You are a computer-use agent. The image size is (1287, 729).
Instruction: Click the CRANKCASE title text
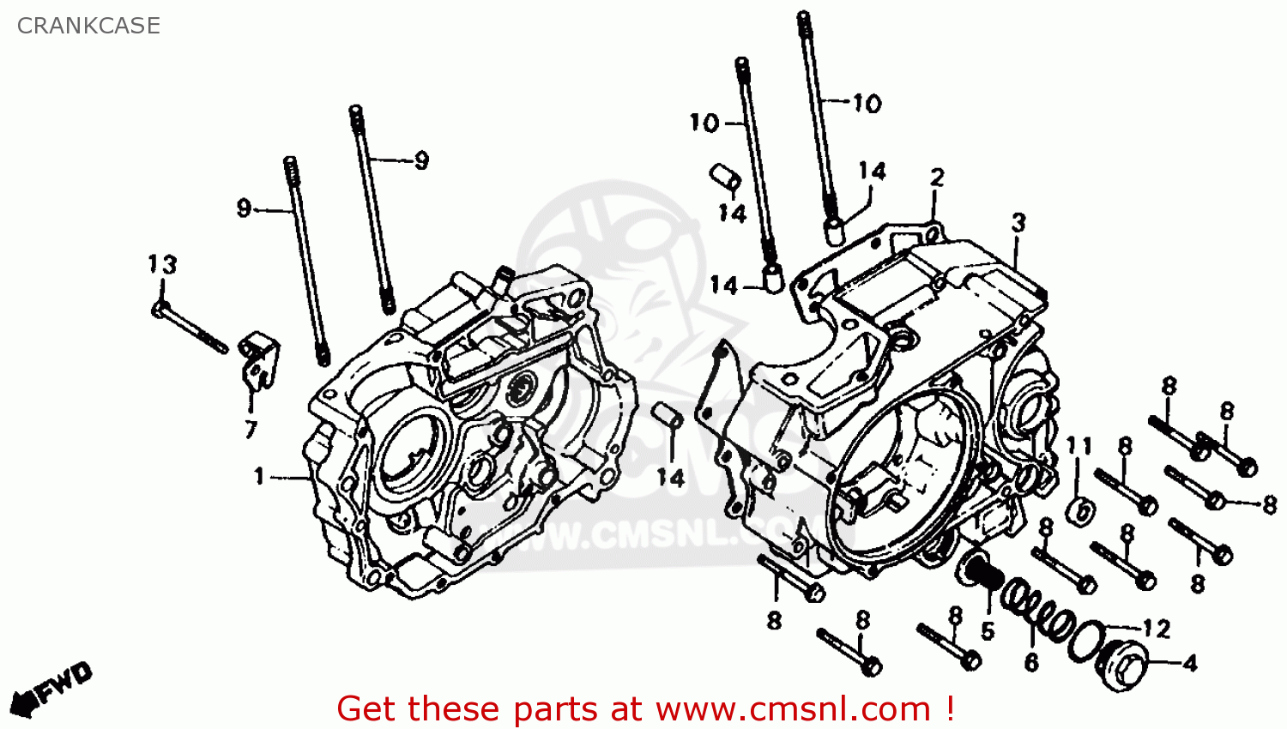click(88, 26)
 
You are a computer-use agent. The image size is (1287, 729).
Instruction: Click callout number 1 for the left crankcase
click(259, 476)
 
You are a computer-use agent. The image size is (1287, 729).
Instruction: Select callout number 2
click(937, 178)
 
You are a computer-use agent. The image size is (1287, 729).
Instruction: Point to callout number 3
click(1018, 223)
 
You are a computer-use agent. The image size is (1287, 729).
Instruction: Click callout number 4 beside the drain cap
click(1190, 663)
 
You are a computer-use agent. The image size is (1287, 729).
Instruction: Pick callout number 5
click(988, 632)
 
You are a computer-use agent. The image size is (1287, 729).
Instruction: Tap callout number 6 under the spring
click(1031, 662)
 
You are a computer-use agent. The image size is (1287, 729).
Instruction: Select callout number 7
click(251, 429)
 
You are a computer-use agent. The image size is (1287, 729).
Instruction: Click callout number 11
click(1079, 446)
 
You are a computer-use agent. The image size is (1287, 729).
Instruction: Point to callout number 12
click(1156, 630)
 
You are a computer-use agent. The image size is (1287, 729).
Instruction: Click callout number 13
click(162, 264)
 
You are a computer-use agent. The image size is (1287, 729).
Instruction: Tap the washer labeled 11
click(1080, 511)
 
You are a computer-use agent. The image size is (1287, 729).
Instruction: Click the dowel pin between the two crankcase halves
click(669, 416)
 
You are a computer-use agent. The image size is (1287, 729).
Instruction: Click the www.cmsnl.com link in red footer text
click(793, 709)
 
